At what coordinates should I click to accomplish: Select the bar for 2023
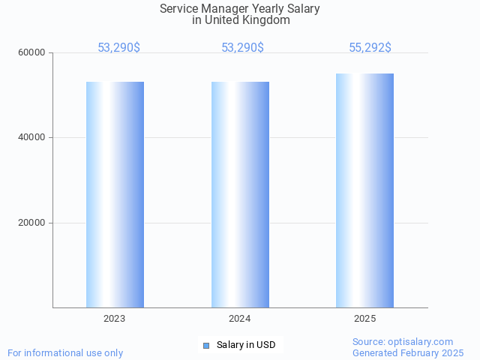coord(115,194)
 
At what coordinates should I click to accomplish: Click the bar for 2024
coord(240,194)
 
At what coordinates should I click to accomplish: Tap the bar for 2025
coord(364,190)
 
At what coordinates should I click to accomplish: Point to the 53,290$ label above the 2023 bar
coord(118,48)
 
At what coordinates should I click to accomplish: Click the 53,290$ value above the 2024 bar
coord(242,48)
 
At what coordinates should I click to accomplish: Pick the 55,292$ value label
coord(370,48)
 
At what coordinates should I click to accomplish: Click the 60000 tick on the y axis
coord(33,52)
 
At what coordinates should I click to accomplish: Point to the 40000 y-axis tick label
coord(33,138)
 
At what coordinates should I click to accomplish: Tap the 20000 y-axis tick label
coord(33,223)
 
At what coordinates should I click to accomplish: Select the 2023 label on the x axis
coord(115,319)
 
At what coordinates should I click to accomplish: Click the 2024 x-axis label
coord(240,319)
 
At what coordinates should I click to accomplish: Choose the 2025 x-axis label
coord(364,319)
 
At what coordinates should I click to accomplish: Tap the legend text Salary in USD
coord(246,345)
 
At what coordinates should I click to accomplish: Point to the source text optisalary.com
coord(424,342)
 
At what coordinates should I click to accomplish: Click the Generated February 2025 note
coord(408,352)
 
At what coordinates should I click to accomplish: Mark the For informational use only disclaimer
coord(65,352)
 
